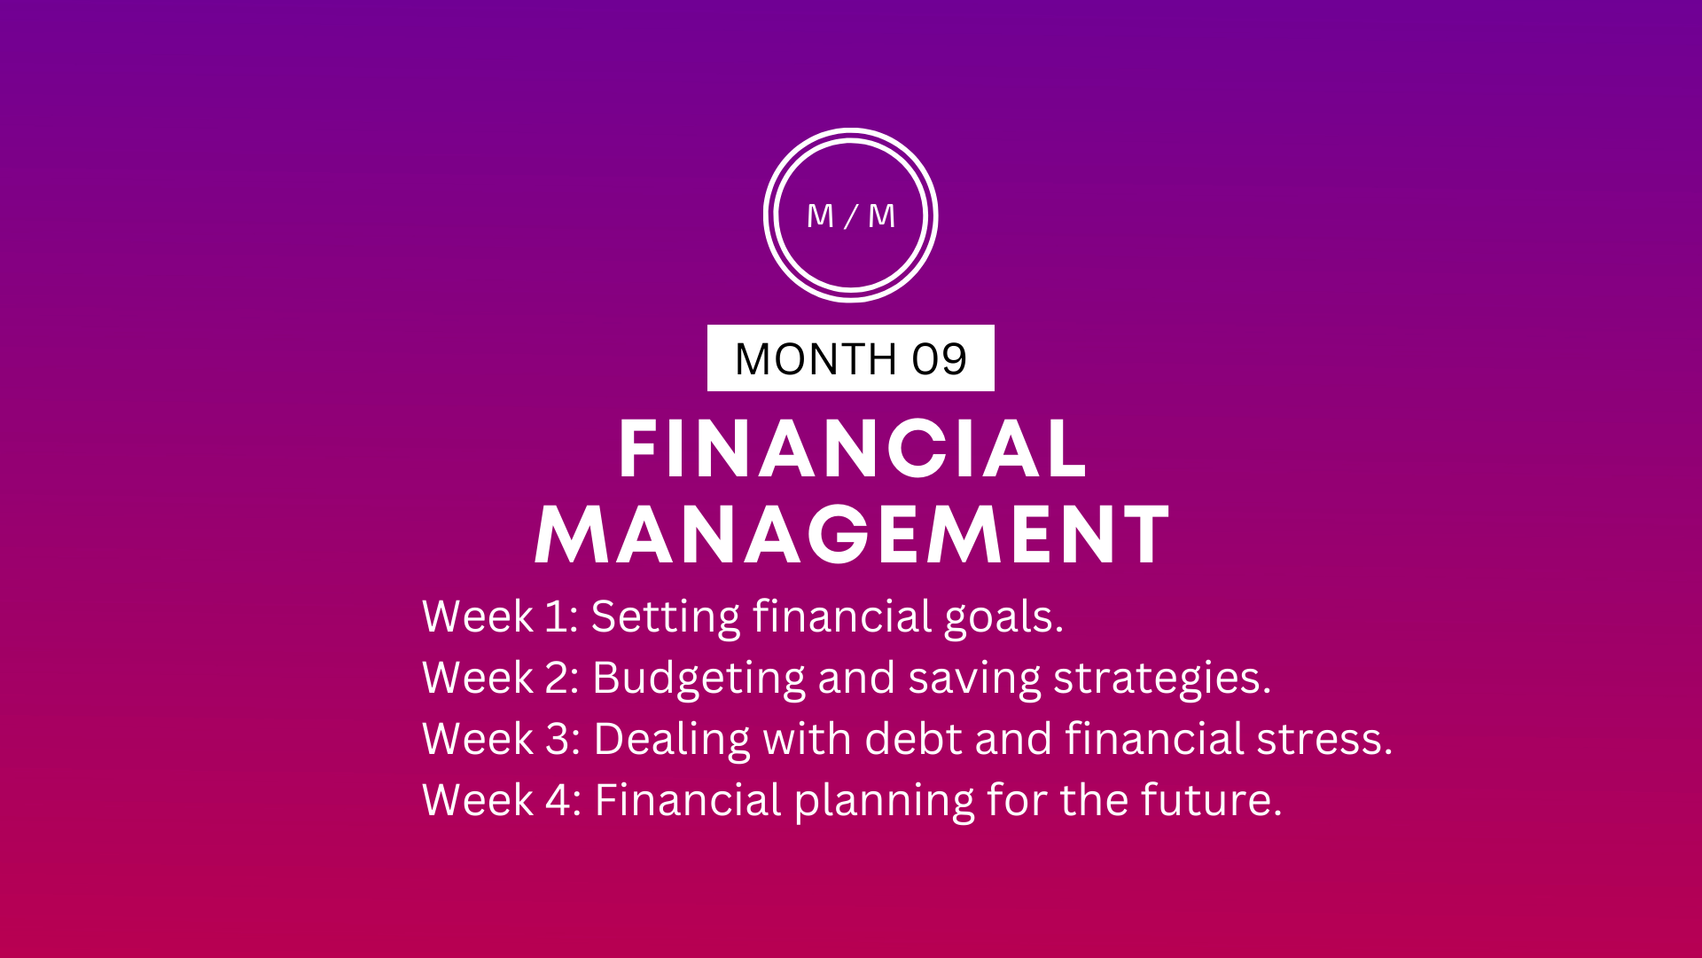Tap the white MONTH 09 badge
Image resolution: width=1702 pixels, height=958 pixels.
851,358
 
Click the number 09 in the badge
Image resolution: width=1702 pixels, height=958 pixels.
940,359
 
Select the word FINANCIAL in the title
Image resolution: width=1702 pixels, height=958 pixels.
853,450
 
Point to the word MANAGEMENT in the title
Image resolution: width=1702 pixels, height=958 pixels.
853,534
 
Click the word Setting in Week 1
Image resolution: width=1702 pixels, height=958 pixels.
666,617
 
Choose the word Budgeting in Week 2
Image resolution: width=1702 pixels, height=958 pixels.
699,679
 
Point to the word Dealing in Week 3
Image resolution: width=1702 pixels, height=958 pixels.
672,740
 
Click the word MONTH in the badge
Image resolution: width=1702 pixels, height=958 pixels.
816,359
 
